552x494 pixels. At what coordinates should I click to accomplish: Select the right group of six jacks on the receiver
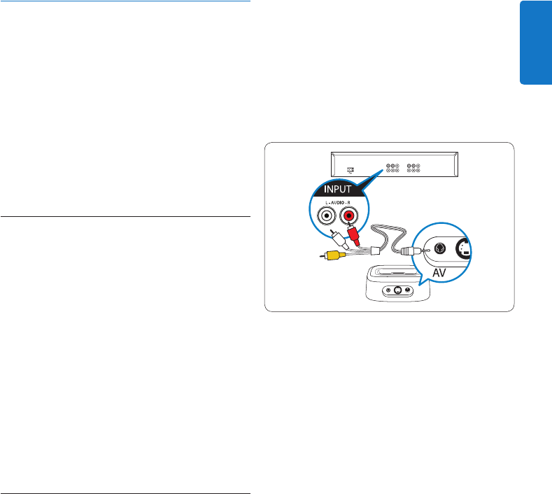click(x=413, y=169)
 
